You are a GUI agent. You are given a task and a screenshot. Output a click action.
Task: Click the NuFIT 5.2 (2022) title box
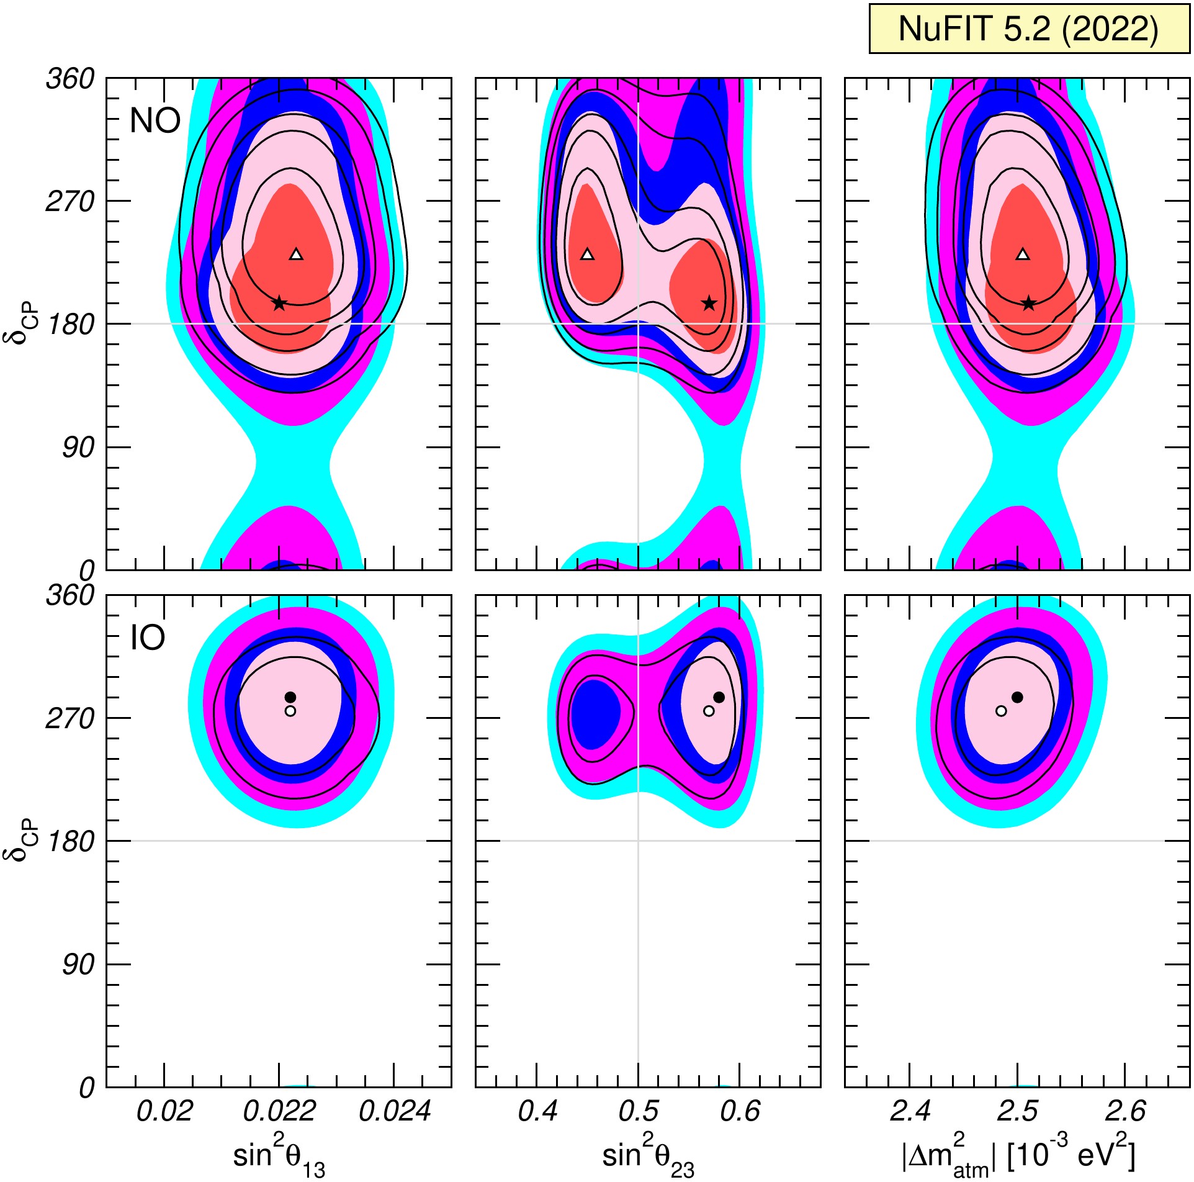[x=1029, y=29]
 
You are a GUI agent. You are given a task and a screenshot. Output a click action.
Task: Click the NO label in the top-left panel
[x=155, y=120]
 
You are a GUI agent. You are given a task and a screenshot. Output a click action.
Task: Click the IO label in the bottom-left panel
[x=148, y=637]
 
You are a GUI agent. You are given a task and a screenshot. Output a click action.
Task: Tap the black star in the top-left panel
[x=279, y=303]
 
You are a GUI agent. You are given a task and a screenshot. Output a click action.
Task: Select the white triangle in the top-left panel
[x=296, y=254]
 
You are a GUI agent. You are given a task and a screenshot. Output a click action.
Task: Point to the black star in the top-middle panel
[x=709, y=303]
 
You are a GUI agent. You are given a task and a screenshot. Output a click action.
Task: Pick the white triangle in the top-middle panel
[x=587, y=254]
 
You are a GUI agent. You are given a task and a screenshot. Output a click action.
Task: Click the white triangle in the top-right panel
[x=1023, y=254]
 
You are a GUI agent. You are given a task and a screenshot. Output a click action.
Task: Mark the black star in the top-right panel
[x=1029, y=303]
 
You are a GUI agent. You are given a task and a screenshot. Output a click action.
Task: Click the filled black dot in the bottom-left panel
[x=290, y=697]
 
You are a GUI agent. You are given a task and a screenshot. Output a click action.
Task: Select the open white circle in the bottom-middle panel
[x=709, y=711]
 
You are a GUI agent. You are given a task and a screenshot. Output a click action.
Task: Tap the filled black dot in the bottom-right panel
[x=1017, y=697]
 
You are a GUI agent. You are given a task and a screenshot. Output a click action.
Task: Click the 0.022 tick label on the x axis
[x=279, y=1111]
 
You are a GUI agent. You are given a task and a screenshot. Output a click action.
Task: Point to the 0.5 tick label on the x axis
[x=639, y=1111]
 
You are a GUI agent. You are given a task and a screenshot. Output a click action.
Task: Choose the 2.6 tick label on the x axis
[x=1125, y=1111]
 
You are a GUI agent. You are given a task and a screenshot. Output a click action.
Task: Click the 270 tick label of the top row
[x=70, y=201]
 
